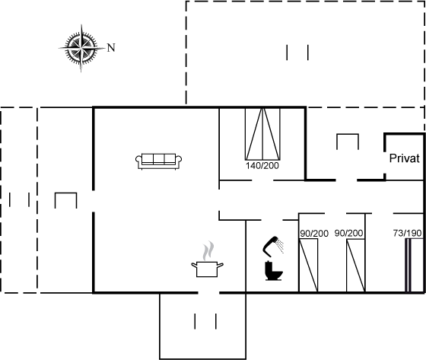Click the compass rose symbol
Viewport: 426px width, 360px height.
tap(81, 48)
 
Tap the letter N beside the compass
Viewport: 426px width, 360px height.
tap(111, 48)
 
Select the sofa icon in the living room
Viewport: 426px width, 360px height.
tap(159, 161)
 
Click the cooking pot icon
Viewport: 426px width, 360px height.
tap(207, 269)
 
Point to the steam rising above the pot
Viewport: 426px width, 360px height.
tap(208, 250)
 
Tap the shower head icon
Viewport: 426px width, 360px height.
tap(273, 247)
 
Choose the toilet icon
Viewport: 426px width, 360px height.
tap(274, 271)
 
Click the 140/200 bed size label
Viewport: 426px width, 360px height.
tap(262, 166)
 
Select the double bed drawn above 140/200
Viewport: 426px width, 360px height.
tap(262, 134)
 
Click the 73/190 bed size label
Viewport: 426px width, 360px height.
tap(407, 233)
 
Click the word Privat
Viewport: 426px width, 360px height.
tap(404, 158)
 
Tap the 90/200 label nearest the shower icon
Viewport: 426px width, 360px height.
tap(314, 234)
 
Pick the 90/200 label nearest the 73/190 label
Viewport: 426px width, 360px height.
tap(348, 233)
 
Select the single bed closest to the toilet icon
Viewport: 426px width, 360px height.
tap(308, 266)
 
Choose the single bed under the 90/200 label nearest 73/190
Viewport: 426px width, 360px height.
tap(356, 266)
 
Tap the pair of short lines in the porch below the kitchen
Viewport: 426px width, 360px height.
tap(205, 321)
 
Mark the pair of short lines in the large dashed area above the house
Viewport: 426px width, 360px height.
tap(297, 53)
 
